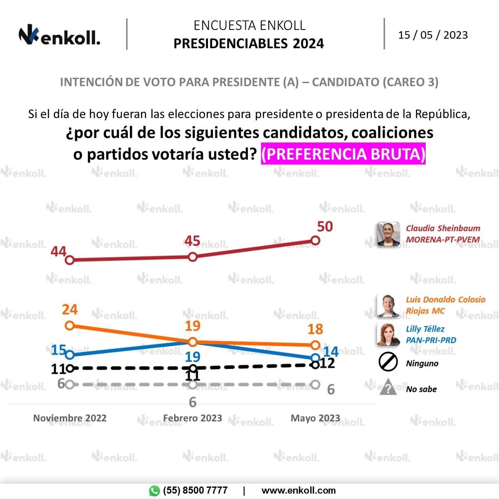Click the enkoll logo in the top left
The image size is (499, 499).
(x=59, y=36)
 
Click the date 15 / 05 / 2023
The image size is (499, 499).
(x=433, y=35)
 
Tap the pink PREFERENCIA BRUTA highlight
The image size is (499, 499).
(x=343, y=154)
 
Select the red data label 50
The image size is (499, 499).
(x=325, y=227)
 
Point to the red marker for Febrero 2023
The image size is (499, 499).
(x=193, y=257)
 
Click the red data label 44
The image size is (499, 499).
(x=59, y=252)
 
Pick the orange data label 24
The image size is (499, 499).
(x=70, y=310)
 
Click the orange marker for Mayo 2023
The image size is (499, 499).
(x=315, y=345)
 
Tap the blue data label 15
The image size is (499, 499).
(x=58, y=350)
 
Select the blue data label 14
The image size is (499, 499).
(x=331, y=351)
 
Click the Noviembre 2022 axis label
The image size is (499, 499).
(x=70, y=418)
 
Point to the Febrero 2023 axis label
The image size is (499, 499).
(x=193, y=418)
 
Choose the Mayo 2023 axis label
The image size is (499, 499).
(x=315, y=418)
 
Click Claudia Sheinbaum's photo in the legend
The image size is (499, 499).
(x=388, y=234)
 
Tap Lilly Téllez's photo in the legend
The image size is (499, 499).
(x=388, y=334)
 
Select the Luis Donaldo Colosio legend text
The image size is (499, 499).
(x=445, y=305)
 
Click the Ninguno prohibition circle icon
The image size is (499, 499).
(x=388, y=362)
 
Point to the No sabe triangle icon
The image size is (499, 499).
(x=388, y=388)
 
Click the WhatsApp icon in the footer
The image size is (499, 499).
(x=154, y=491)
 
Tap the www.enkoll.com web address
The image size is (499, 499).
(x=298, y=491)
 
